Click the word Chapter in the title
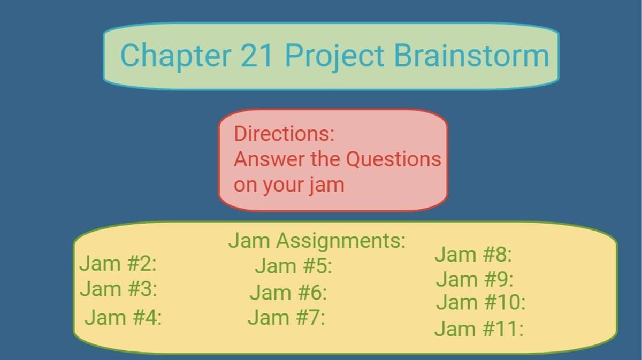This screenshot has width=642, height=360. coord(175,56)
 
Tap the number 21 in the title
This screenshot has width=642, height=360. coord(256,55)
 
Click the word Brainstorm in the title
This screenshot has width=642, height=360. coord(472,55)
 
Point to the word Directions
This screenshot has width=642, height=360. coord(284,134)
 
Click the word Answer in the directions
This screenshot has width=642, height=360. coord(269,159)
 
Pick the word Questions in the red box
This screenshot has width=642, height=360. coord(394,159)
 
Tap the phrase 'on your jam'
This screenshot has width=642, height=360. coord(289,186)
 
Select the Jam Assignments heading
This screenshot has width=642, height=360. coord(317,241)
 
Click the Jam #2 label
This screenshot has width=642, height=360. coord(118,263)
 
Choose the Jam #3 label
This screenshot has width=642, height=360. coord(119,289)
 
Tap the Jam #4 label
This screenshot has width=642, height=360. coord(123,317)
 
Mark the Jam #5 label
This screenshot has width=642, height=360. coord(294,266)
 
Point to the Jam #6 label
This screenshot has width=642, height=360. coord(288,293)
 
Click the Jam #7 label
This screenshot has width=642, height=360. coord(287,318)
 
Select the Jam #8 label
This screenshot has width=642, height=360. coord(473,254)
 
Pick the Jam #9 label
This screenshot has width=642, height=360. coord(475,279)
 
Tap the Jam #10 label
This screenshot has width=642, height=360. coord(481,302)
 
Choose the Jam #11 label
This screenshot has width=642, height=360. coord(479,328)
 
